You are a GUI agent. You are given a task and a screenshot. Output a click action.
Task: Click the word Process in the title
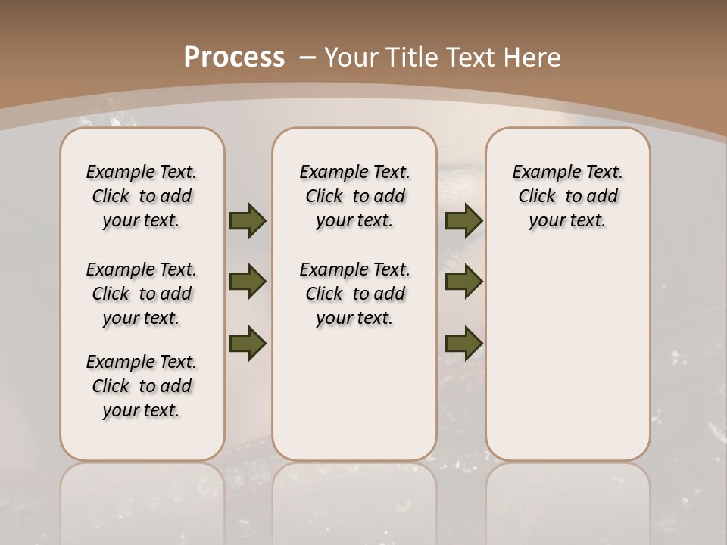234,58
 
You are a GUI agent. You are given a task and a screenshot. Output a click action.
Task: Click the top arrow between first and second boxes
248,220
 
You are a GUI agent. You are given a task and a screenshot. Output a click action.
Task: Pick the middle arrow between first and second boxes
248,282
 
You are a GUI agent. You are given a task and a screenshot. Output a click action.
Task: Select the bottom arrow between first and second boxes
248,343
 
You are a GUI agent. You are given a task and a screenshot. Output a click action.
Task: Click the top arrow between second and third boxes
463,220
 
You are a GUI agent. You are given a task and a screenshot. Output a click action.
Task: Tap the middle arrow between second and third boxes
463,282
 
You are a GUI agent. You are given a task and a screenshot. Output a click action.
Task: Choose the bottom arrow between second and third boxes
463,343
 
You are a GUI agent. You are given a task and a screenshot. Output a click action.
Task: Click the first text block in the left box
142,196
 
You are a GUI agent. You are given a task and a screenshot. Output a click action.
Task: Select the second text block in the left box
142,294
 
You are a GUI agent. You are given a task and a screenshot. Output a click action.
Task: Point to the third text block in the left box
142,386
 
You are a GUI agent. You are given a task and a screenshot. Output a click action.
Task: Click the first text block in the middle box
354,196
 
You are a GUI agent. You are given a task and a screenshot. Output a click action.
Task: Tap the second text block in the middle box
354,294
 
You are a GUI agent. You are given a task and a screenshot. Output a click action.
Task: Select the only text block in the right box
567,196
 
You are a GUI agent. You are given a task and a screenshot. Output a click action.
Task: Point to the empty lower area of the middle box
354,394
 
